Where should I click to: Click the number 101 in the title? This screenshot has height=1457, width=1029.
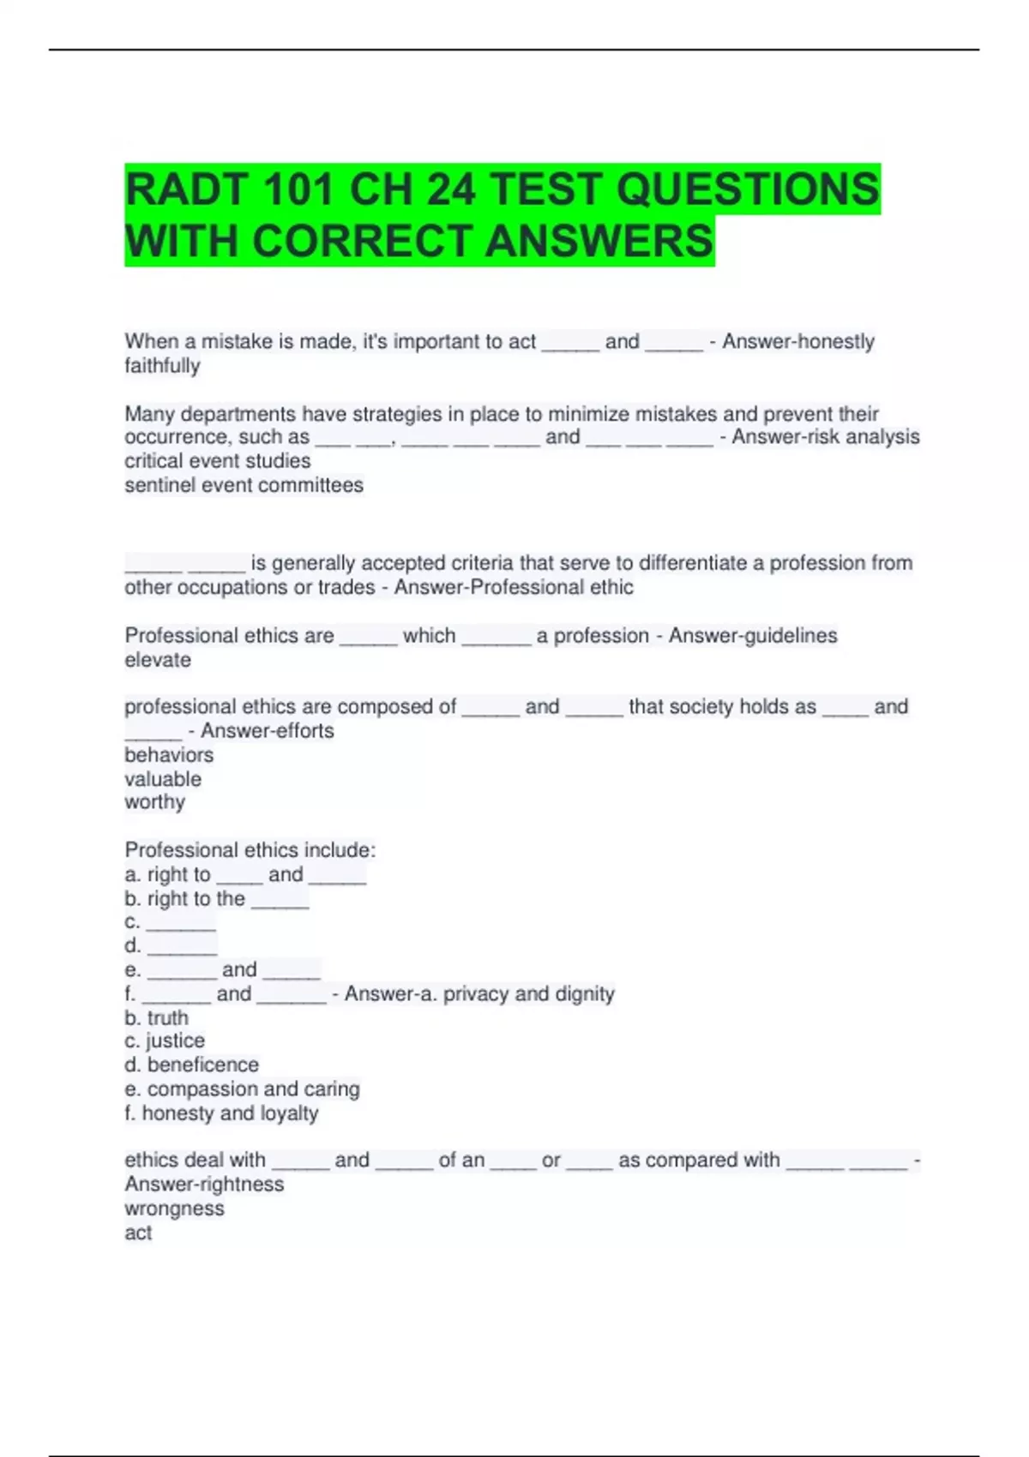(298, 189)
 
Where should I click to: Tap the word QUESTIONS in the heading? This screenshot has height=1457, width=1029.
(748, 189)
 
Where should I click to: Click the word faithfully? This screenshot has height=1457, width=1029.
(162, 366)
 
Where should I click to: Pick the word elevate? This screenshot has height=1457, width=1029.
(158, 660)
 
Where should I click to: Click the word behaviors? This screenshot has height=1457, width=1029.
(169, 755)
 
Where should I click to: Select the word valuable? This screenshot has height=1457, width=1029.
(163, 779)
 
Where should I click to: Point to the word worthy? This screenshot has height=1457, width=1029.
(154, 802)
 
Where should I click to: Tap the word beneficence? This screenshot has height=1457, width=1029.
(202, 1064)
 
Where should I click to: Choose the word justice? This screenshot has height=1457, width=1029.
(176, 1040)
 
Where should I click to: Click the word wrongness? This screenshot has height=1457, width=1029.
(174, 1208)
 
